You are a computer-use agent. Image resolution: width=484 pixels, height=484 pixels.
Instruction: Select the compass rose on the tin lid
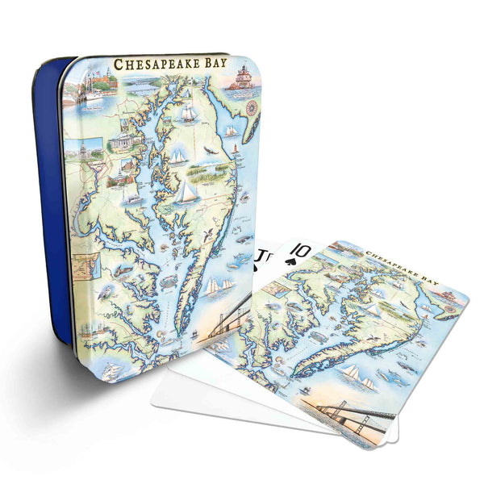point(251,106)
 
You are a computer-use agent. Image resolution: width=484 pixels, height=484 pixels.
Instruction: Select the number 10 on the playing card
point(299,251)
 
